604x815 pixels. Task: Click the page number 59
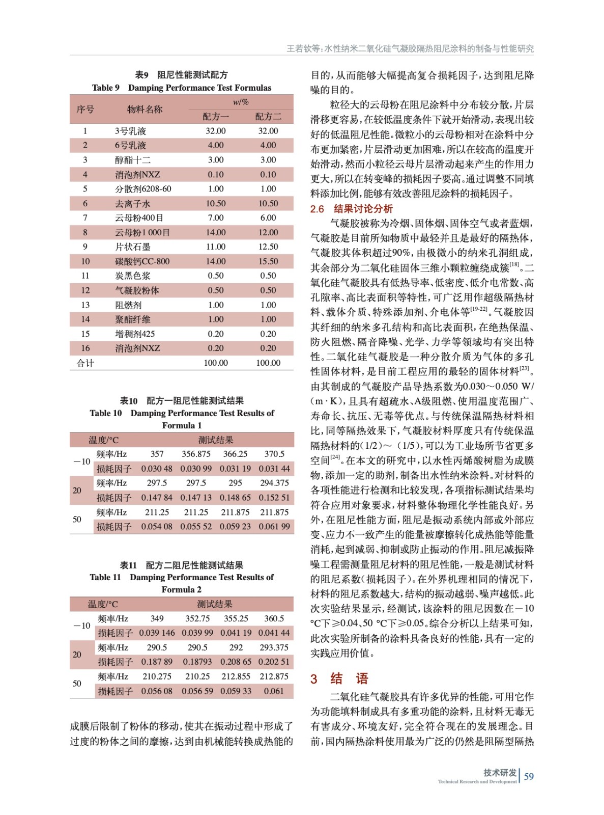(x=529, y=776)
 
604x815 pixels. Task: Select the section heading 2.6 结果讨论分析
(x=351, y=209)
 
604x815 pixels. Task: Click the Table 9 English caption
(x=182, y=88)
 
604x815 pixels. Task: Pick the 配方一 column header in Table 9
(x=216, y=117)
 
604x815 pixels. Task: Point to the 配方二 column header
(x=268, y=117)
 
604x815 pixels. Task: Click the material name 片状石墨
(x=133, y=247)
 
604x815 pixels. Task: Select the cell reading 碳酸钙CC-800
(x=142, y=261)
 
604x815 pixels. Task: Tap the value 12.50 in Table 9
(x=268, y=247)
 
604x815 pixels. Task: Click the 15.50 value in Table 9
(x=268, y=261)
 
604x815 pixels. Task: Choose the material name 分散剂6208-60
(x=143, y=189)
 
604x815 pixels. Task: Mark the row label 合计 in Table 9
(x=85, y=363)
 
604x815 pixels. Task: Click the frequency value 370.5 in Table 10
(x=274, y=454)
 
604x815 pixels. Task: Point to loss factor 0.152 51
(x=274, y=498)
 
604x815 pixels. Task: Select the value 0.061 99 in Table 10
(x=274, y=527)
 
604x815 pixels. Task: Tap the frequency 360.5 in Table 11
(x=274, y=618)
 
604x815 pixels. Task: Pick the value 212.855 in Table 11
(x=236, y=676)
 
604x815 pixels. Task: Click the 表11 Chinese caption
(x=182, y=565)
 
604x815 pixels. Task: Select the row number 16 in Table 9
(x=85, y=348)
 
